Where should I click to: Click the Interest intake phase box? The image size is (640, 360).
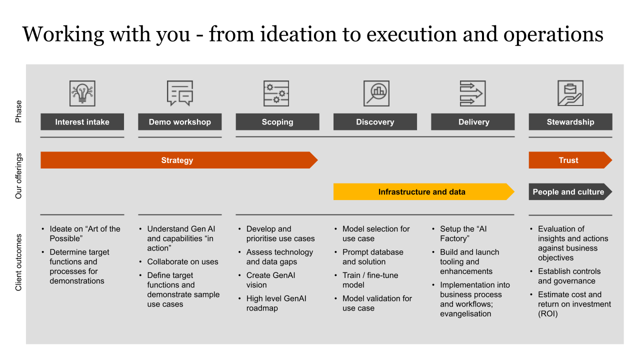[x=82, y=122]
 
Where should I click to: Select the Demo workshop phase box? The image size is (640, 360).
[x=179, y=122]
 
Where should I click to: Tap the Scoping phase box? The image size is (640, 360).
[x=277, y=122]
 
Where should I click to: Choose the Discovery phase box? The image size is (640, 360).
[x=375, y=122]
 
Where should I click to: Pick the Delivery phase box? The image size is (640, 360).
[x=472, y=122]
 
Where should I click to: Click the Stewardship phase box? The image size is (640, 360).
[x=570, y=122]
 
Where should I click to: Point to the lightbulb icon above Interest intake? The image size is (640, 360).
[x=82, y=93]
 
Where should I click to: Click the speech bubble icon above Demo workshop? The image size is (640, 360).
[x=179, y=93]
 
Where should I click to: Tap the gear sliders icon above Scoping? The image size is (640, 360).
[x=276, y=93]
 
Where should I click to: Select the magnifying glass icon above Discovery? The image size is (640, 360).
[x=376, y=93]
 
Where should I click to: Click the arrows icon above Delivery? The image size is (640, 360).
[x=472, y=93]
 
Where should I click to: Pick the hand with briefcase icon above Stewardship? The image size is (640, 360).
[x=570, y=93]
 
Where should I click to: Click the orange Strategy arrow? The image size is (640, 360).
[x=177, y=160]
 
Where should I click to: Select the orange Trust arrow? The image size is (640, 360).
[x=569, y=160]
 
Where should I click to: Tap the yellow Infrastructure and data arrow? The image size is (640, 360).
[x=422, y=192]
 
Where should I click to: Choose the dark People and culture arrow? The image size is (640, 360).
[x=569, y=192]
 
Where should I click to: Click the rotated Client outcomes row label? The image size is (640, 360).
[x=19, y=262]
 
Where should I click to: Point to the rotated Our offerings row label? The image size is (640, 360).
[x=19, y=176]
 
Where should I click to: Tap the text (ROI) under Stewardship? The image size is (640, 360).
[x=547, y=314]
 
